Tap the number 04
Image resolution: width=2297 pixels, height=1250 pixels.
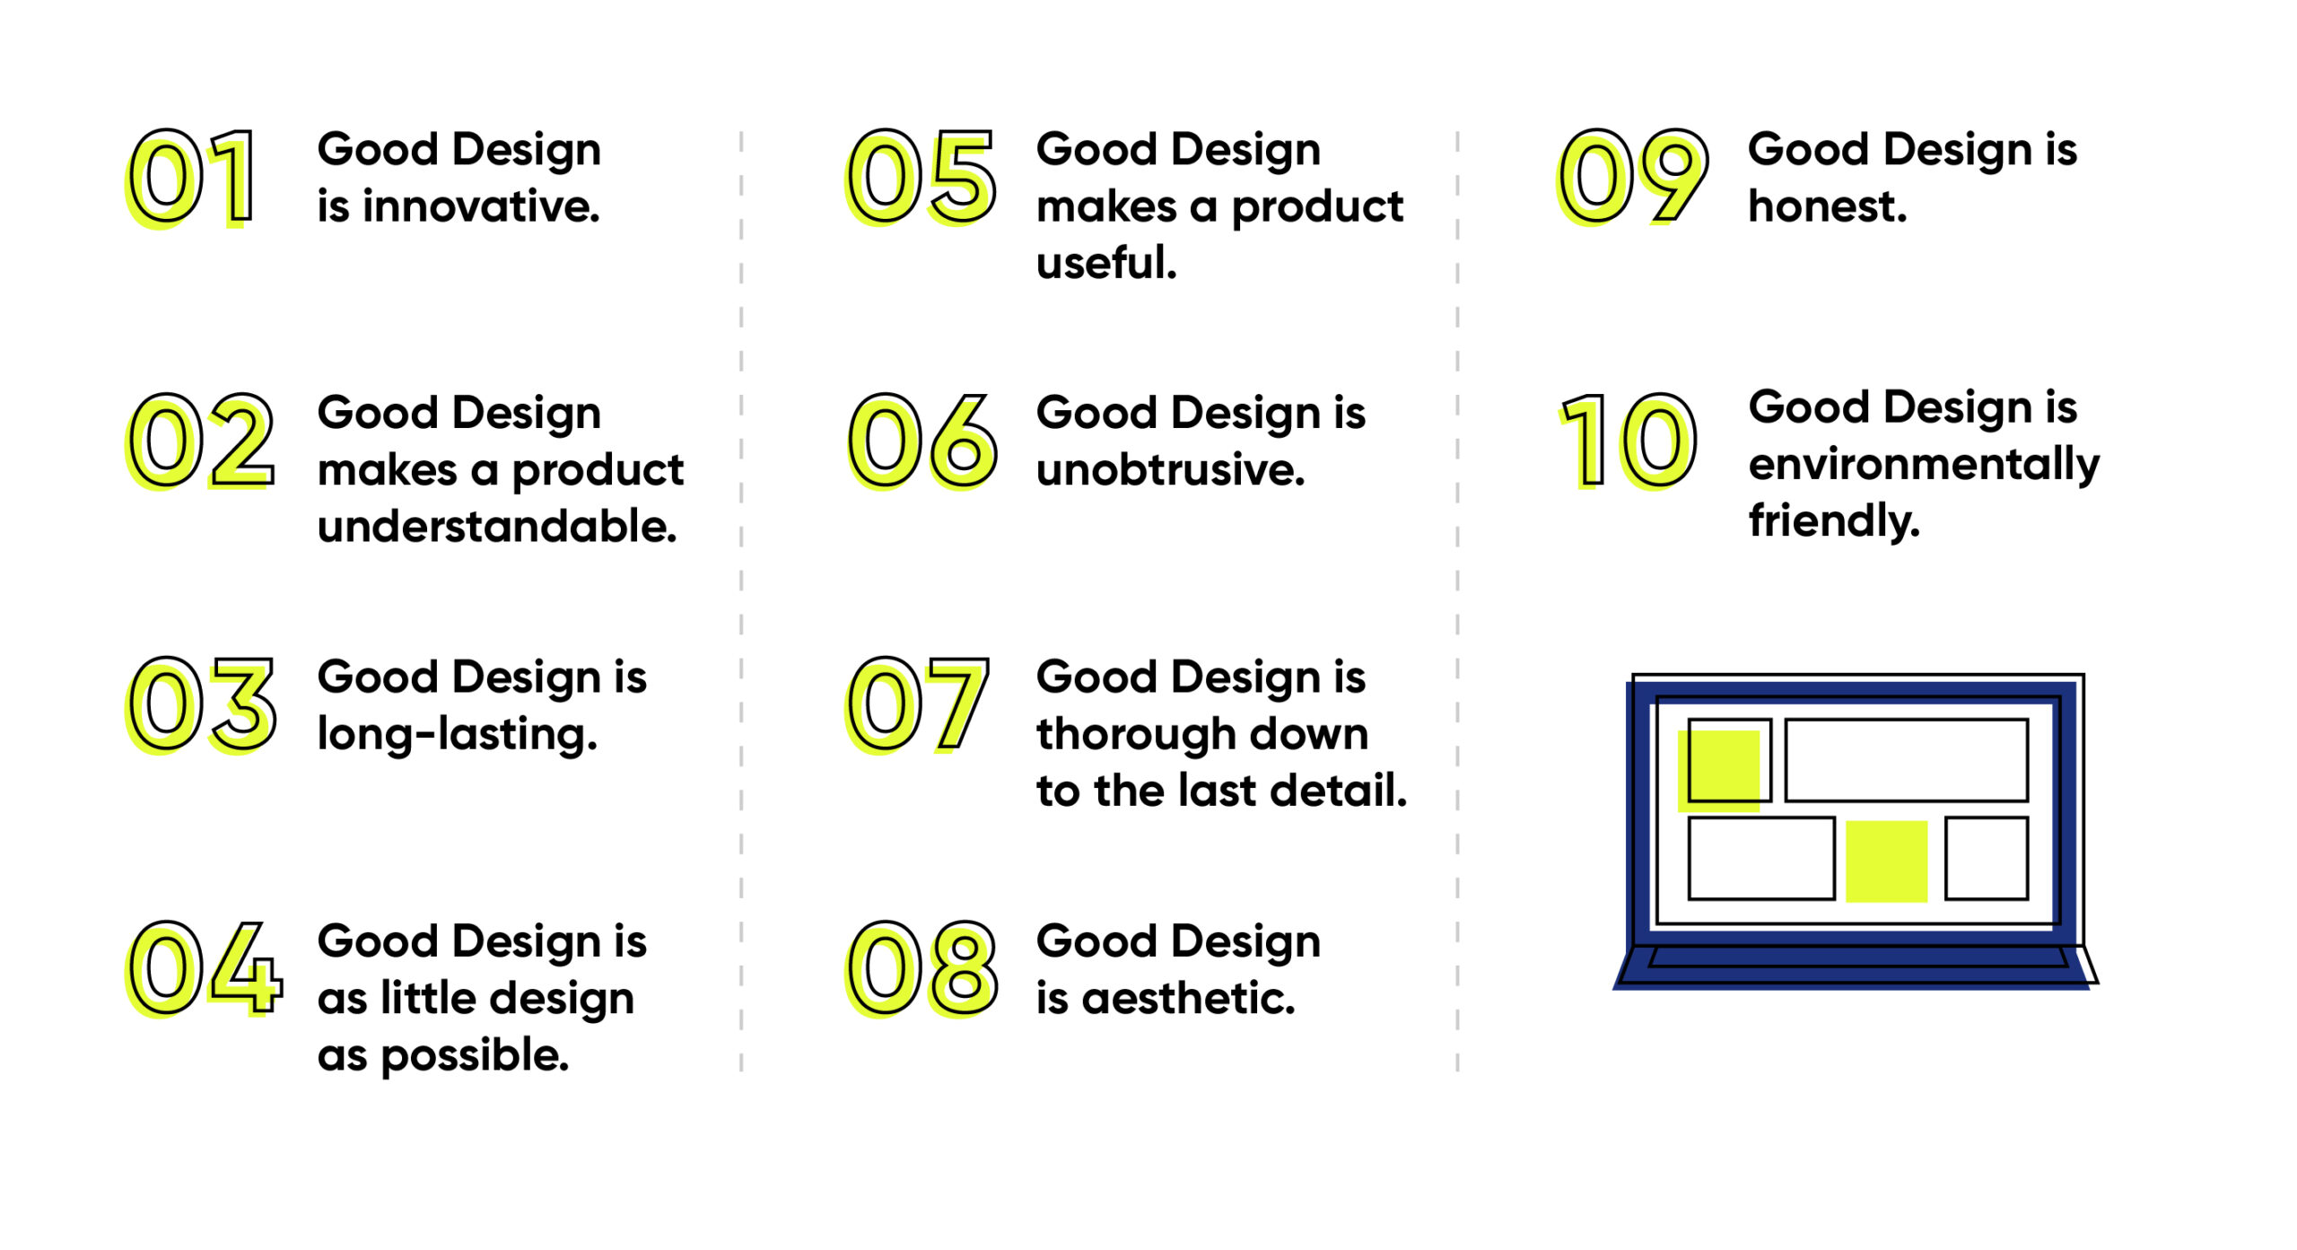(x=205, y=969)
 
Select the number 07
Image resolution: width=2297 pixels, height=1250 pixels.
(x=917, y=704)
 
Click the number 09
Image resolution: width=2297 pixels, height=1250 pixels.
(x=1631, y=177)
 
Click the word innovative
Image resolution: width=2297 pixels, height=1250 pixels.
(x=481, y=206)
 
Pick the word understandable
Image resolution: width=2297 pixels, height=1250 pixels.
(x=497, y=527)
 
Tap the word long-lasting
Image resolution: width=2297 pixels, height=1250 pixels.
(x=457, y=735)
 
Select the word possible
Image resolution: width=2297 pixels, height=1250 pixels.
(x=475, y=1056)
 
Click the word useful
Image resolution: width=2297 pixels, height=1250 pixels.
(x=1105, y=263)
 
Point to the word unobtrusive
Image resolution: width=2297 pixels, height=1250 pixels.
(x=1170, y=470)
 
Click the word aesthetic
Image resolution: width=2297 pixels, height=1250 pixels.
(x=1188, y=999)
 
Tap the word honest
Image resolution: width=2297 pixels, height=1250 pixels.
(x=1827, y=206)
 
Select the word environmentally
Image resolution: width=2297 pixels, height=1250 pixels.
(x=1924, y=465)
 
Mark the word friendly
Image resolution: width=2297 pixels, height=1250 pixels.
(x=1834, y=521)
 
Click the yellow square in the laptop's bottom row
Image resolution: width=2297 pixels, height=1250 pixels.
(x=1886, y=861)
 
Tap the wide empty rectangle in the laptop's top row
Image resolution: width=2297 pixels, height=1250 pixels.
(x=1906, y=760)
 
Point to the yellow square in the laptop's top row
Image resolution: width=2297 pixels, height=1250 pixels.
(x=1719, y=770)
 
